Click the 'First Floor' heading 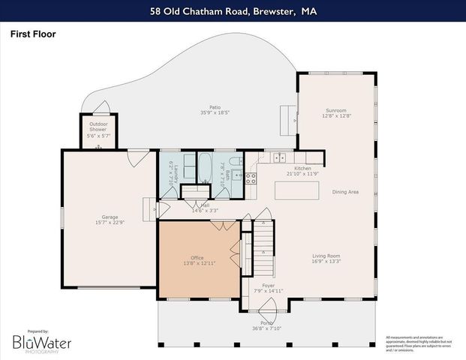pyautogui.click(x=32, y=34)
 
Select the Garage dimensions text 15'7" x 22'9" pyautogui.click(x=110, y=223)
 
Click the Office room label pyautogui.click(x=197, y=257)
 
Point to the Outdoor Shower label pyautogui.click(x=99, y=124)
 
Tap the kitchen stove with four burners pyautogui.click(x=251, y=178)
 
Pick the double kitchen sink pyautogui.click(x=278, y=157)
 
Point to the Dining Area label pyautogui.click(x=345, y=193)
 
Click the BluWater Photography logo pyautogui.click(x=41, y=343)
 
